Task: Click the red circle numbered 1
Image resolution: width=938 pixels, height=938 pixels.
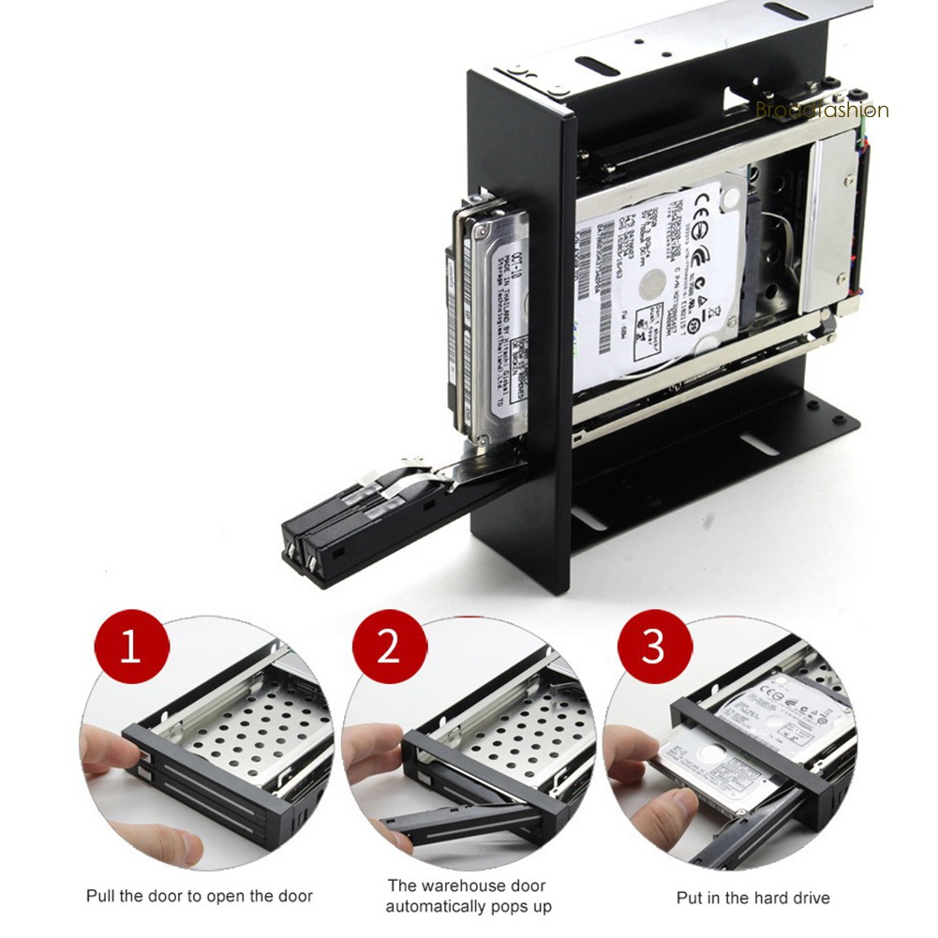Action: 131,648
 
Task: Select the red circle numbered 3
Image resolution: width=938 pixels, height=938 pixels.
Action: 653,648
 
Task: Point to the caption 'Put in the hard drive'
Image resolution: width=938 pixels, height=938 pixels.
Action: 752,898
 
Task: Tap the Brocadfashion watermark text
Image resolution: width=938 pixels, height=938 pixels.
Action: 821,111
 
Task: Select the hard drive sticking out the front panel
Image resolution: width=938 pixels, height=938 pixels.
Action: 492,319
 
